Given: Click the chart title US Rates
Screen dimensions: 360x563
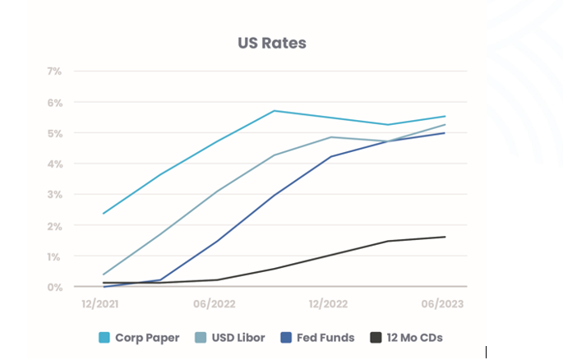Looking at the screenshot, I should (271, 43).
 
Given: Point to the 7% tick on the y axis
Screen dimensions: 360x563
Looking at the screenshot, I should (54, 72).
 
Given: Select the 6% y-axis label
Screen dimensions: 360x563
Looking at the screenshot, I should (54, 103).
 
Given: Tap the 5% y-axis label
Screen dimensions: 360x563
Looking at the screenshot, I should (54, 133).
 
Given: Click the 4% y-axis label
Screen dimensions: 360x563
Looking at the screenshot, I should (54, 164).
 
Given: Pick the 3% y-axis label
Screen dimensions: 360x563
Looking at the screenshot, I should (54, 195).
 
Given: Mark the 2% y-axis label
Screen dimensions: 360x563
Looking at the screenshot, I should (54, 225).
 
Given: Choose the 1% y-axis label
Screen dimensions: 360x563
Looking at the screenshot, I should (54, 256).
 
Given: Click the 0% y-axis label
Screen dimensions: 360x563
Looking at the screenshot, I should (54, 287).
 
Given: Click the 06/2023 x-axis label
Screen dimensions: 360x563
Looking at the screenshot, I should (445, 304).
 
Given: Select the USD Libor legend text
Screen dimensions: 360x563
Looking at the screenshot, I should (239, 337).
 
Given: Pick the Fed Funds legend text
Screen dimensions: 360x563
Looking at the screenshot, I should (327, 337).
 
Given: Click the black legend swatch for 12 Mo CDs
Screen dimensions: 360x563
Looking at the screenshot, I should (376, 337).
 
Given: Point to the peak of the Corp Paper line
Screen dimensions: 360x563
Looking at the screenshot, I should (274, 110).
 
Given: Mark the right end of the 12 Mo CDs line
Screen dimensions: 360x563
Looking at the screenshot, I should (445, 237).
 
